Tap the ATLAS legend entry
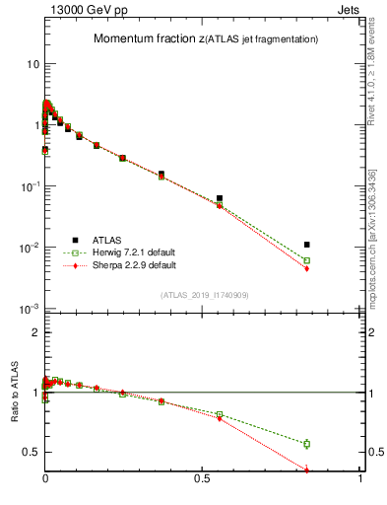[96, 239]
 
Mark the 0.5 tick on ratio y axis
[29, 453]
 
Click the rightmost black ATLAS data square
[307, 245]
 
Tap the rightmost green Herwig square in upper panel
[307, 260]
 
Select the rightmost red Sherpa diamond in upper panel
[307, 268]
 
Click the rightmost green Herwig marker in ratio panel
[307, 444]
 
